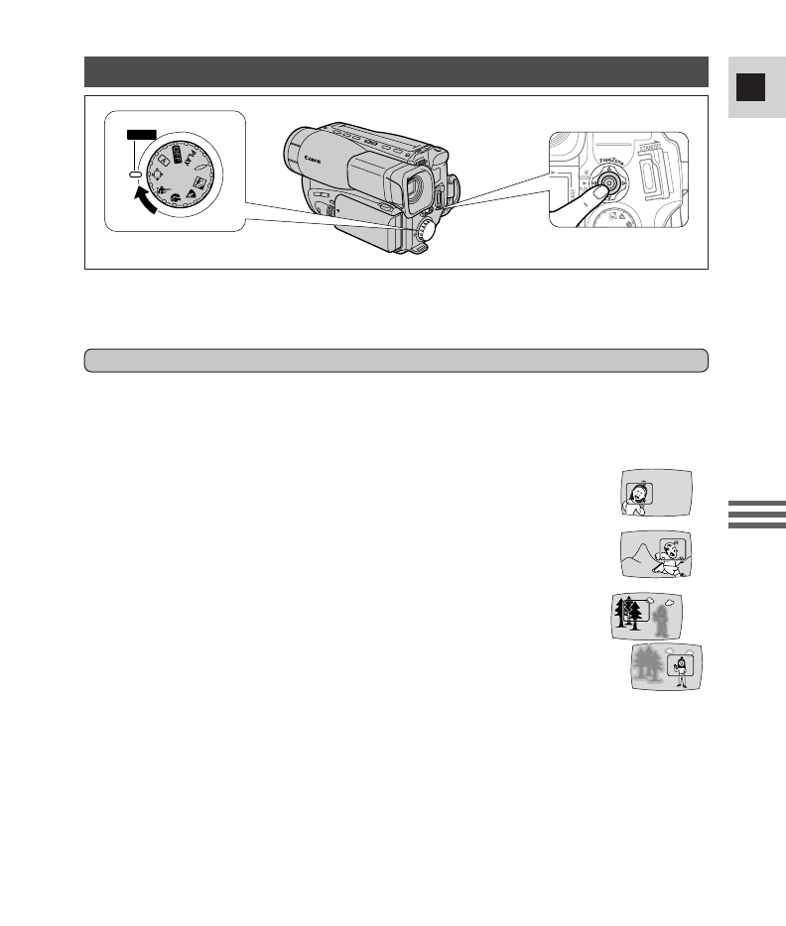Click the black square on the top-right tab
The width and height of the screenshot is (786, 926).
(750, 87)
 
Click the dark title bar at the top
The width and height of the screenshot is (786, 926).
(396, 71)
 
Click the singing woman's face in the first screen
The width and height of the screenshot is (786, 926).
(636, 490)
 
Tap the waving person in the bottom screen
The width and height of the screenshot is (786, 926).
(681, 670)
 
